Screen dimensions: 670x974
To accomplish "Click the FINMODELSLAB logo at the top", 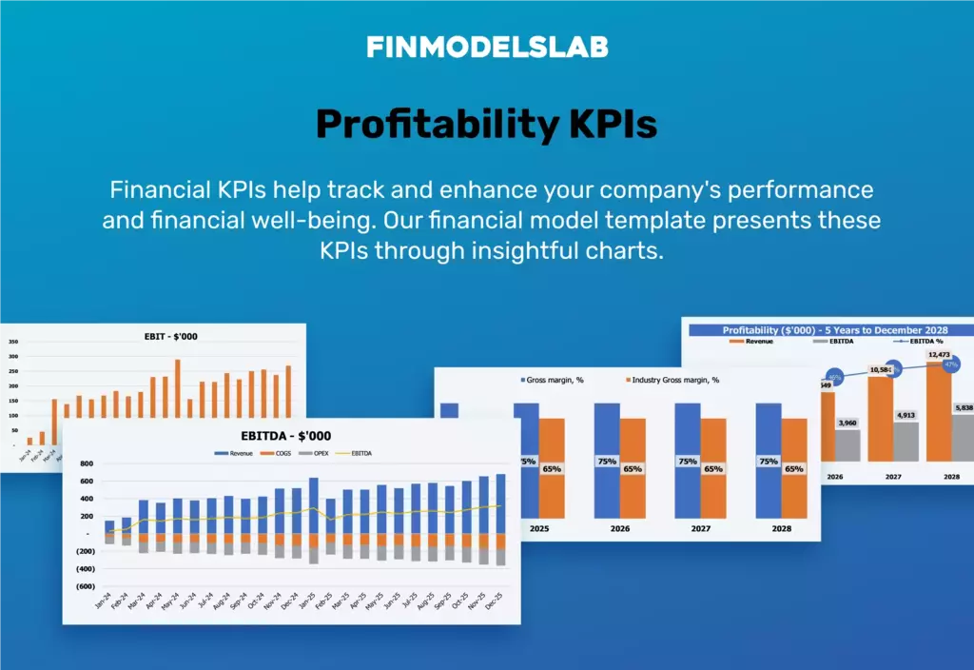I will pyautogui.click(x=487, y=47).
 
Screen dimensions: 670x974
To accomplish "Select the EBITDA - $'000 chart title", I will pyautogui.click(x=285, y=436).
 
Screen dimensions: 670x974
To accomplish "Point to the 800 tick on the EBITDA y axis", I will pyautogui.click(x=86, y=463).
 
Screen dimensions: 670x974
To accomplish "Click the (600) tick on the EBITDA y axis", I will pyautogui.click(x=84, y=586).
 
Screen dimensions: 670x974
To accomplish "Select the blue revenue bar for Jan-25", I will pyautogui.click(x=313, y=505).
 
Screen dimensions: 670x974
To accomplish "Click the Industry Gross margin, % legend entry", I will pyautogui.click(x=673, y=380).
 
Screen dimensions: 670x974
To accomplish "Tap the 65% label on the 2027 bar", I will pyautogui.click(x=713, y=469).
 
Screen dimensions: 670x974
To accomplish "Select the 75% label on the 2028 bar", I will pyautogui.click(x=769, y=462).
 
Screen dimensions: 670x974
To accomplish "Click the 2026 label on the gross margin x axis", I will pyautogui.click(x=619, y=527).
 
